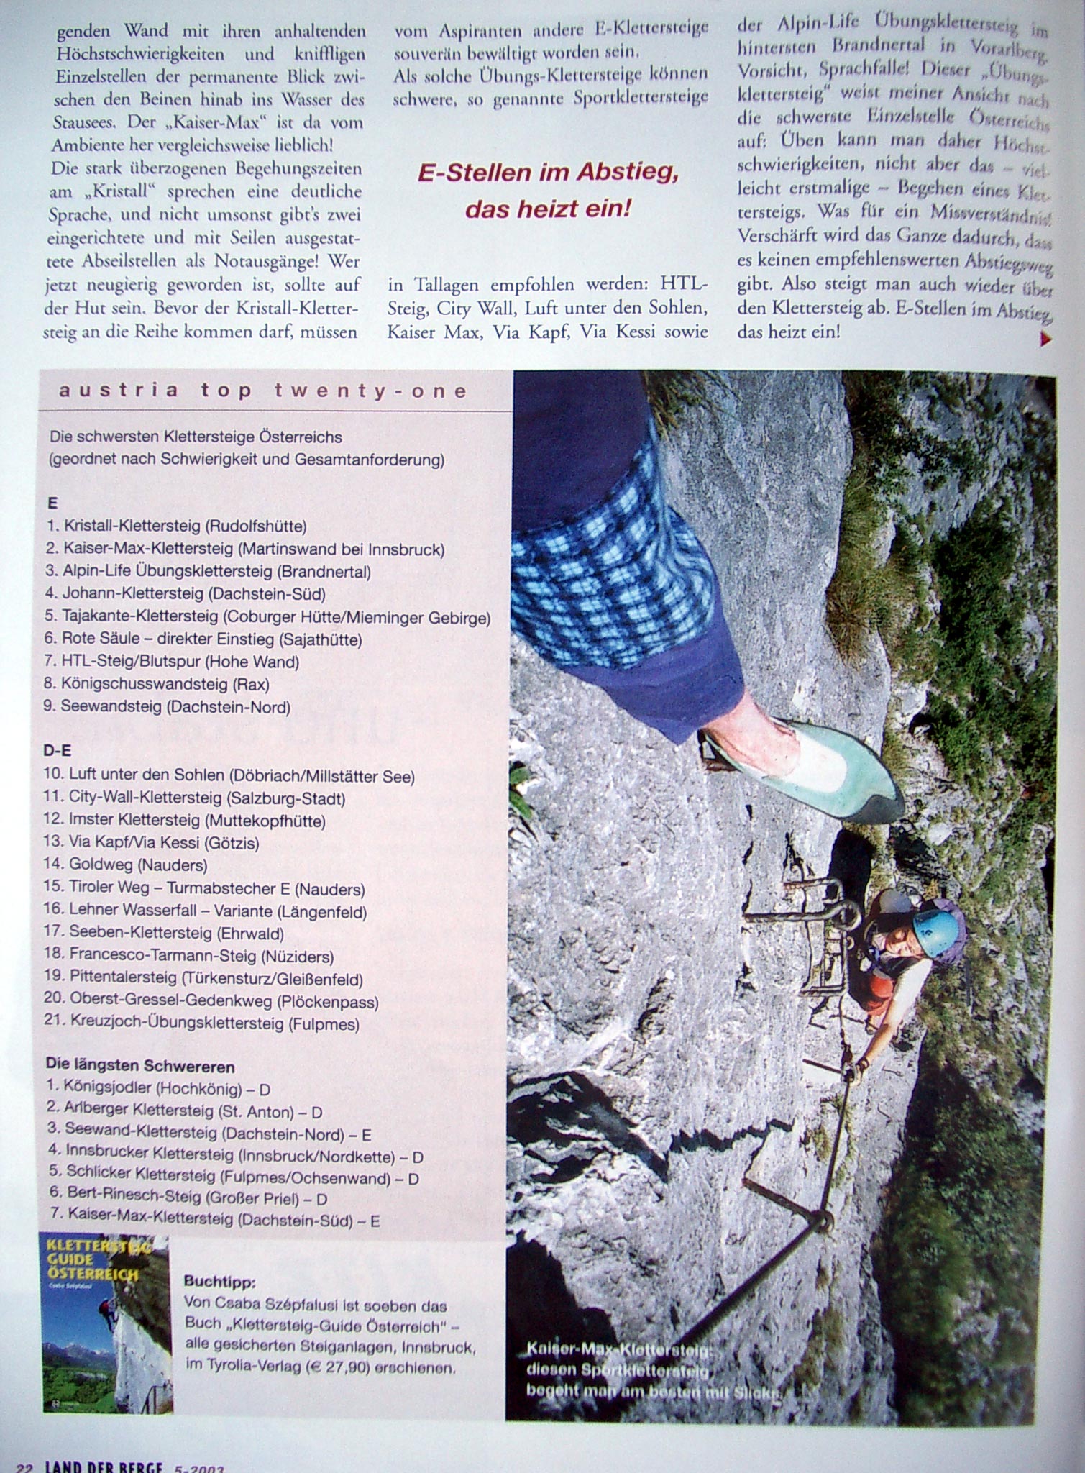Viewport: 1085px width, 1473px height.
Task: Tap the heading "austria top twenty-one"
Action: point(263,391)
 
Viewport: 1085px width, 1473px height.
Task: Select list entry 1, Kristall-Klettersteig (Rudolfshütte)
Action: point(176,526)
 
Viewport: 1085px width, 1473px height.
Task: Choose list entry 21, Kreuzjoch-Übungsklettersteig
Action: point(202,1023)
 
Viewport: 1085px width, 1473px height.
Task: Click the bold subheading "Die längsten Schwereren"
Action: point(140,1066)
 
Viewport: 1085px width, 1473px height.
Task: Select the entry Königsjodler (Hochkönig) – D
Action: point(158,1089)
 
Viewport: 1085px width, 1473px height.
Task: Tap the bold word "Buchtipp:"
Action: point(219,1281)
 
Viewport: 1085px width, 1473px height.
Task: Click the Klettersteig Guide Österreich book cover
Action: point(107,1323)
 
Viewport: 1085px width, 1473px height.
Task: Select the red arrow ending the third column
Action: point(1046,339)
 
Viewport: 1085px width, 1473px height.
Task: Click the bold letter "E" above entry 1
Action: point(52,503)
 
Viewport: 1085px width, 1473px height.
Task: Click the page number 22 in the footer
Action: point(24,1467)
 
